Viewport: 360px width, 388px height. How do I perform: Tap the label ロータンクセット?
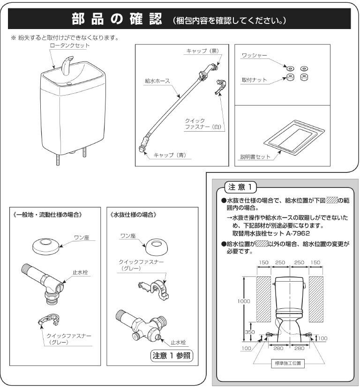click(x=69, y=45)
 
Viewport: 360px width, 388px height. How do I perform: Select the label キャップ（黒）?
click(x=202, y=51)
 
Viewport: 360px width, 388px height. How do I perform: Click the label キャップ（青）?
click(x=170, y=155)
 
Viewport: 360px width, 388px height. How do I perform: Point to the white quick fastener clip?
click(x=221, y=86)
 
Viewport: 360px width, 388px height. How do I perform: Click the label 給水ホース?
click(x=157, y=81)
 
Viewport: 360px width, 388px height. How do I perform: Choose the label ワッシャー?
click(x=254, y=55)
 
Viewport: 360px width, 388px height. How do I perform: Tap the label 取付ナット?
click(x=254, y=80)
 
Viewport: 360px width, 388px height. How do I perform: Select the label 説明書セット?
click(x=255, y=157)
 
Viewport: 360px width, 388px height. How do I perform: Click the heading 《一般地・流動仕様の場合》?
click(x=47, y=215)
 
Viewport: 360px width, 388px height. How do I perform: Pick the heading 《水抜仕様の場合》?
click(x=133, y=215)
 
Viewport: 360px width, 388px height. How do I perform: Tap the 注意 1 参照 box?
click(x=172, y=356)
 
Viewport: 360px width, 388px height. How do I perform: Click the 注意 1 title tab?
click(x=240, y=187)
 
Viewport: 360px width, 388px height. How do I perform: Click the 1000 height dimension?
click(x=244, y=301)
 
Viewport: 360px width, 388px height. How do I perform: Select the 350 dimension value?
click(x=250, y=332)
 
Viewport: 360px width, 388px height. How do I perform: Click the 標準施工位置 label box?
click(x=288, y=363)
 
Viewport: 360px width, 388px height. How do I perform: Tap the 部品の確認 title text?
click(x=117, y=19)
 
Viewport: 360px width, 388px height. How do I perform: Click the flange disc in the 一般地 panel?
click(x=46, y=246)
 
